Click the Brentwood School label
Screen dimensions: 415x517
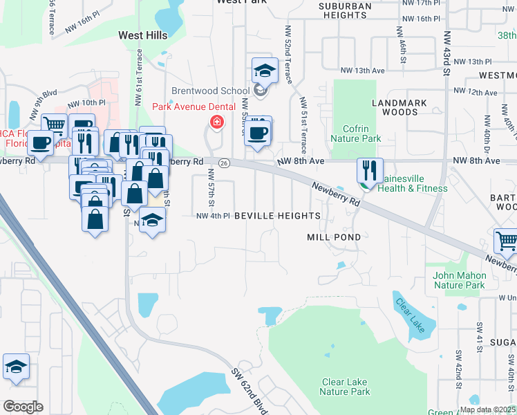point(210,91)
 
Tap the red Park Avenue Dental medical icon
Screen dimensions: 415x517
point(217,122)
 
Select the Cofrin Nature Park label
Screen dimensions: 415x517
point(361,133)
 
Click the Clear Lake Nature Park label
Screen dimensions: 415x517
point(346,387)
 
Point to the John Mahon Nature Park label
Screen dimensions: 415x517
point(459,279)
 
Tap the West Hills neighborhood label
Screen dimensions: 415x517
point(143,35)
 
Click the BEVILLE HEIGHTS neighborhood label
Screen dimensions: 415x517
point(277,216)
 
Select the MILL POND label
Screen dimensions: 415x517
point(334,237)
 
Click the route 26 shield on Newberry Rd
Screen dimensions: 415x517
point(223,163)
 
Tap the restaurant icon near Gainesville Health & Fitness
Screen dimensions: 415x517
point(370,169)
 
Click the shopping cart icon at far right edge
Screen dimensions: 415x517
point(506,241)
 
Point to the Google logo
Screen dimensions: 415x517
point(23,406)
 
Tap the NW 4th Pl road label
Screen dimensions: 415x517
point(213,216)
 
